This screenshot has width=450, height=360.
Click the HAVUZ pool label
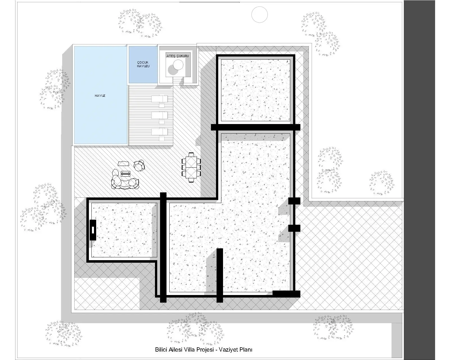pos(100,96)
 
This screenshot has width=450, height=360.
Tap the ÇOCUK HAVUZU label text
pos(143,64)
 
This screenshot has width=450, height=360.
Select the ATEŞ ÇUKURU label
pos(178,56)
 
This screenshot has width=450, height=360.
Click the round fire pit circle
pos(178,65)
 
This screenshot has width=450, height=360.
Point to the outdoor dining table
pos(191,168)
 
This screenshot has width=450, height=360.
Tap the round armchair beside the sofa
pos(139,166)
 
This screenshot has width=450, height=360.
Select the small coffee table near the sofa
pos(125,174)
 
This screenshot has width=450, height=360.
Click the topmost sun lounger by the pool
pos(159,99)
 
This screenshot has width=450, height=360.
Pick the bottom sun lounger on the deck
pos(159,132)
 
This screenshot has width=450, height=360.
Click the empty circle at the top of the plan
pos(260,15)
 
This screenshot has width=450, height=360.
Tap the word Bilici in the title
pos(161,350)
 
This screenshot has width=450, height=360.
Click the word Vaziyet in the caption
pos(228,350)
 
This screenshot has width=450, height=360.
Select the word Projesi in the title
pos(205,350)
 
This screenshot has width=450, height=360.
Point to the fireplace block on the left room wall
pos(93,230)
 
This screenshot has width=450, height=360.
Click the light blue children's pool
pos(143,65)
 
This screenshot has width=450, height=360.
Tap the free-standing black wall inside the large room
pos(220,275)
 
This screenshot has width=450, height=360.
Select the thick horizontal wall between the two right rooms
pos(256,127)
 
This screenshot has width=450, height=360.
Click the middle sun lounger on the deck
pos(159,115)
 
